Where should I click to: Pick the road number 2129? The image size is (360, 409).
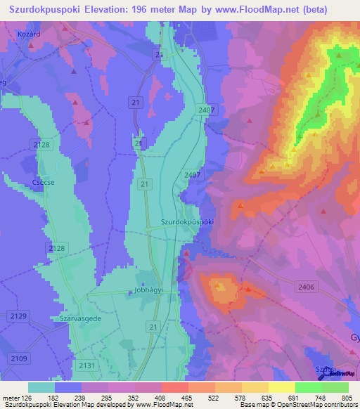click(x=19, y=317)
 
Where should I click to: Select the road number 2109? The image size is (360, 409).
click(x=19, y=359)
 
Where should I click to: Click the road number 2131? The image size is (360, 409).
click(x=86, y=365)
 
